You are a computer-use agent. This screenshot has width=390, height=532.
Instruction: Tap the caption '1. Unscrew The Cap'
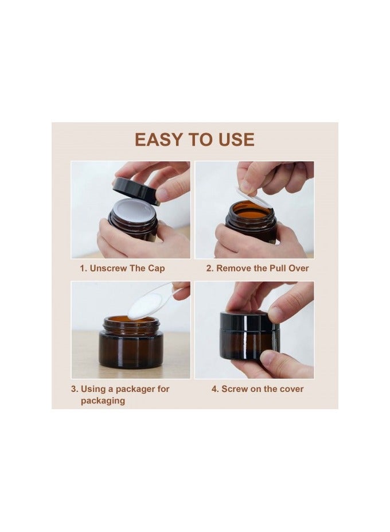point(122,269)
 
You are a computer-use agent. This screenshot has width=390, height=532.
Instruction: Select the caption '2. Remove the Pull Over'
point(258,269)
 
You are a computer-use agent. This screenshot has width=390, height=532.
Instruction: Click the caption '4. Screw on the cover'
point(258,389)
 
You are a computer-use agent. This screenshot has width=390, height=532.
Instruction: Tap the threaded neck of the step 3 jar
point(131,324)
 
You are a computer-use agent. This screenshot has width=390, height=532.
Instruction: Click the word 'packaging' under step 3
point(103,401)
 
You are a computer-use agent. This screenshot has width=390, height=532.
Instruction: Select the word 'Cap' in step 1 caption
point(157,269)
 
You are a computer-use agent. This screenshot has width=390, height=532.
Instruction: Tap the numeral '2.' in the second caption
point(210,269)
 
